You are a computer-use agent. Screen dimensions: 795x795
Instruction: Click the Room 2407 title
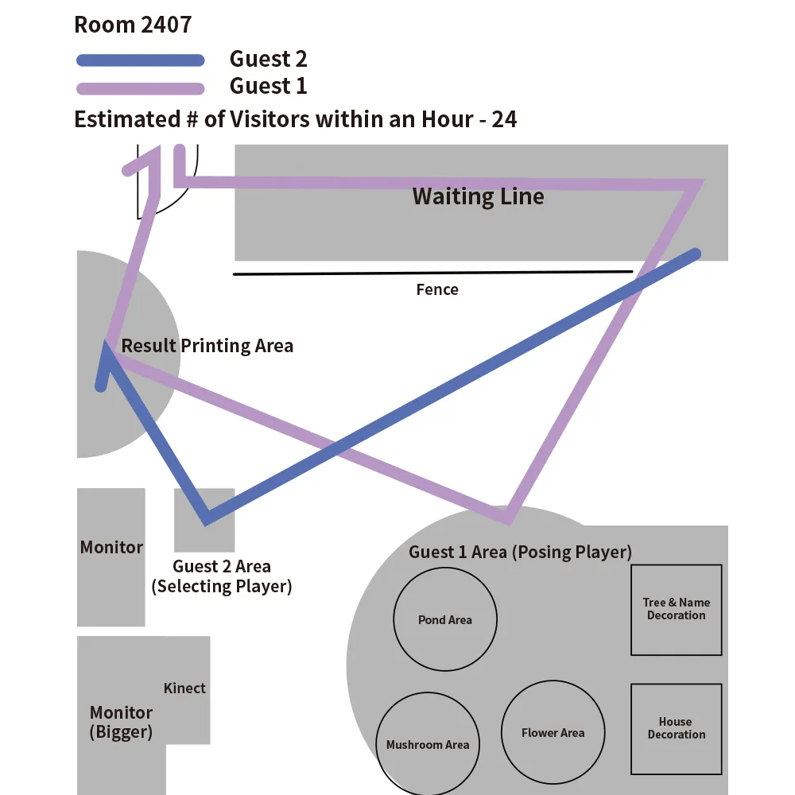pyautogui.click(x=133, y=25)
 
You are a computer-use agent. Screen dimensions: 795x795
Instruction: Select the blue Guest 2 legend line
pyautogui.click(x=141, y=60)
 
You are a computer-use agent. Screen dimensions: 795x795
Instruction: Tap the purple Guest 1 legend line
pyautogui.click(x=141, y=87)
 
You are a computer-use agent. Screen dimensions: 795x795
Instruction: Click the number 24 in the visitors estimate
pyautogui.click(x=504, y=119)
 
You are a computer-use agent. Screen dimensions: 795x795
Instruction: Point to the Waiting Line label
pyautogui.click(x=478, y=196)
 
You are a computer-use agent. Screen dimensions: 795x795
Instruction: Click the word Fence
pyautogui.click(x=437, y=289)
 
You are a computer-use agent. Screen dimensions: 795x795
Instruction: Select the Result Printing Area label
pyautogui.click(x=207, y=346)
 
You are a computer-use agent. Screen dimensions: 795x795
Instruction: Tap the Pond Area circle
pyautogui.click(x=445, y=619)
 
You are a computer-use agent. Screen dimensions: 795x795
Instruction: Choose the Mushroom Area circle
pyautogui.click(x=428, y=744)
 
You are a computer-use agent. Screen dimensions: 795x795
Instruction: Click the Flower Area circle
pyautogui.click(x=553, y=732)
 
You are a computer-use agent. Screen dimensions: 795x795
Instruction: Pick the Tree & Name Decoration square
pyautogui.click(x=677, y=610)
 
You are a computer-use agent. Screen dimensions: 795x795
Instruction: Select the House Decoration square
pyautogui.click(x=677, y=728)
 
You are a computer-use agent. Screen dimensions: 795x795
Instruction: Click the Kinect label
pyautogui.click(x=184, y=688)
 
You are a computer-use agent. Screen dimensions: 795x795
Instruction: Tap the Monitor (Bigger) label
pyautogui.click(x=121, y=722)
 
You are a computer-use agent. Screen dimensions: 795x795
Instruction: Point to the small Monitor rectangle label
pyautogui.click(x=111, y=548)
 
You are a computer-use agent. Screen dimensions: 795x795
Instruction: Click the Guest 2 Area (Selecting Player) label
pyautogui.click(x=222, y=576)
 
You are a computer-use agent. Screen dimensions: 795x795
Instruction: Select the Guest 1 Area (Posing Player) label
pyautogui.click(x=520, y=552)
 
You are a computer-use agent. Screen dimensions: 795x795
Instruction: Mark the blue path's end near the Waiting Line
pyautogui.click(x=696, y=254)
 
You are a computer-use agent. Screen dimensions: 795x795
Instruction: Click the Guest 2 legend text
pyautogui.click(x=268, y=59)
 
